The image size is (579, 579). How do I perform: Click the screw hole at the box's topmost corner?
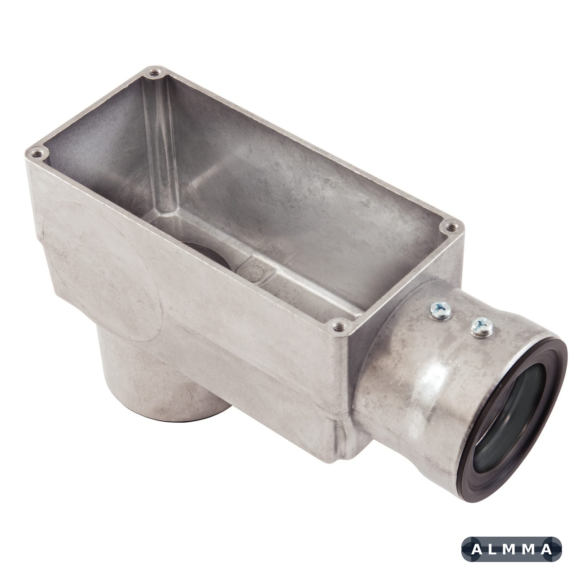[155, 73]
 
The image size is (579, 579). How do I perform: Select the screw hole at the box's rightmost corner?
[450, 228]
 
